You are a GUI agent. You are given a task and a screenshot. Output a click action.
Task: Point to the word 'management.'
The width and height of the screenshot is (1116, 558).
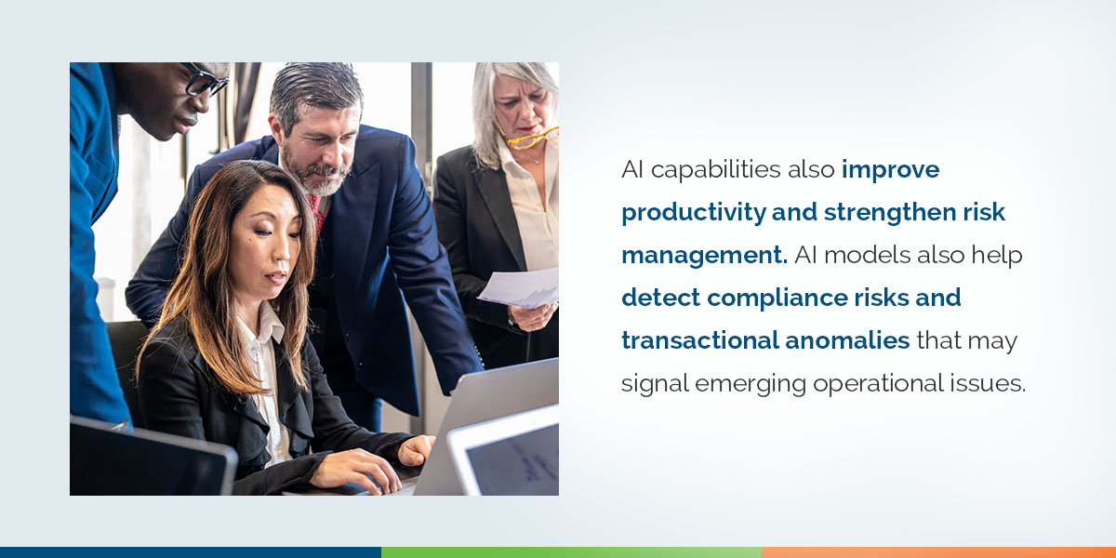coord(704,255)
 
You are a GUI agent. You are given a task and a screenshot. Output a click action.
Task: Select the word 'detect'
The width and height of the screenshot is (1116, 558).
coord(658,298)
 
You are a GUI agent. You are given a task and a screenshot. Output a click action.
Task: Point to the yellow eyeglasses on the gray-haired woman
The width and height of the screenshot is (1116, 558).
coord(531,139)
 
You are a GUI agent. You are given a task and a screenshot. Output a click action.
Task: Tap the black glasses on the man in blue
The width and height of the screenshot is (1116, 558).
coord(205,82)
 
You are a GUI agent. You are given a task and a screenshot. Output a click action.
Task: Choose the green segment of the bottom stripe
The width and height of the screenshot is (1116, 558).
coord(571,552)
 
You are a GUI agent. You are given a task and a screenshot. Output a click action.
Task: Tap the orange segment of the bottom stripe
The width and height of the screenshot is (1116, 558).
coord(938,552)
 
